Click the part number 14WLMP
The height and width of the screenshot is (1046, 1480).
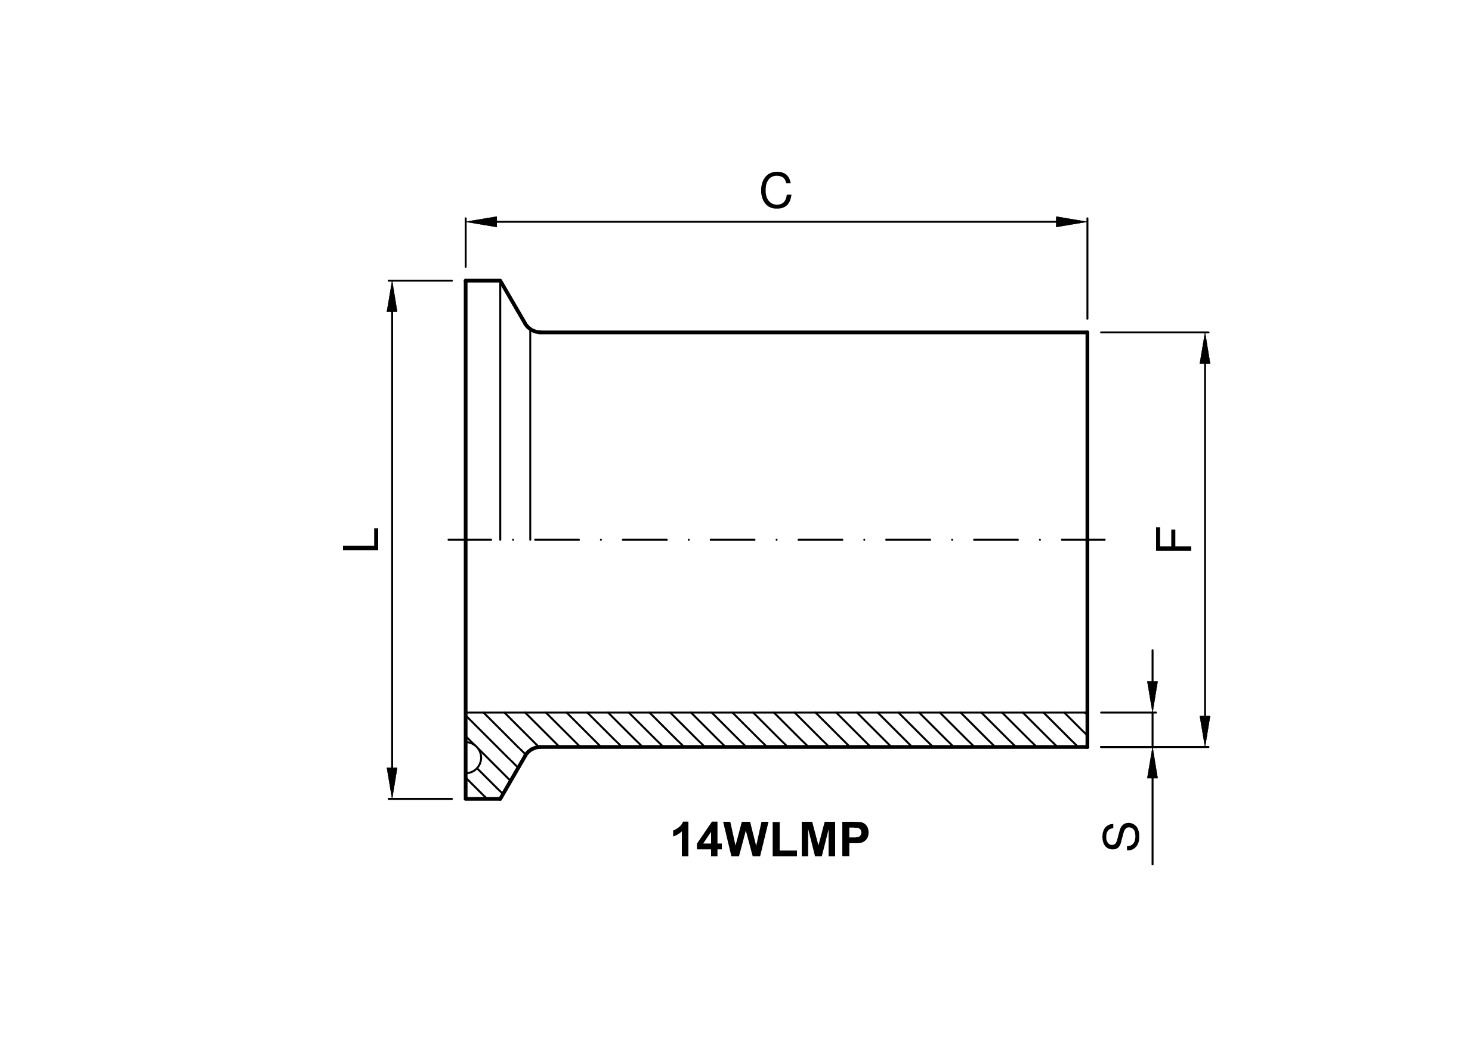(770, 839)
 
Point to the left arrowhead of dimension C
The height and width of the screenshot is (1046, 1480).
(481, 222)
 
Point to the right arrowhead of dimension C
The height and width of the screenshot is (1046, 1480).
(1071, 222)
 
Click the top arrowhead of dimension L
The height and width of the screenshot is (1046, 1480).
(392, 296)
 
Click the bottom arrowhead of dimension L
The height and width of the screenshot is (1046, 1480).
(392, 783)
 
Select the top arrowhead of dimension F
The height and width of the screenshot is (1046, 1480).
(1205, 348)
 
